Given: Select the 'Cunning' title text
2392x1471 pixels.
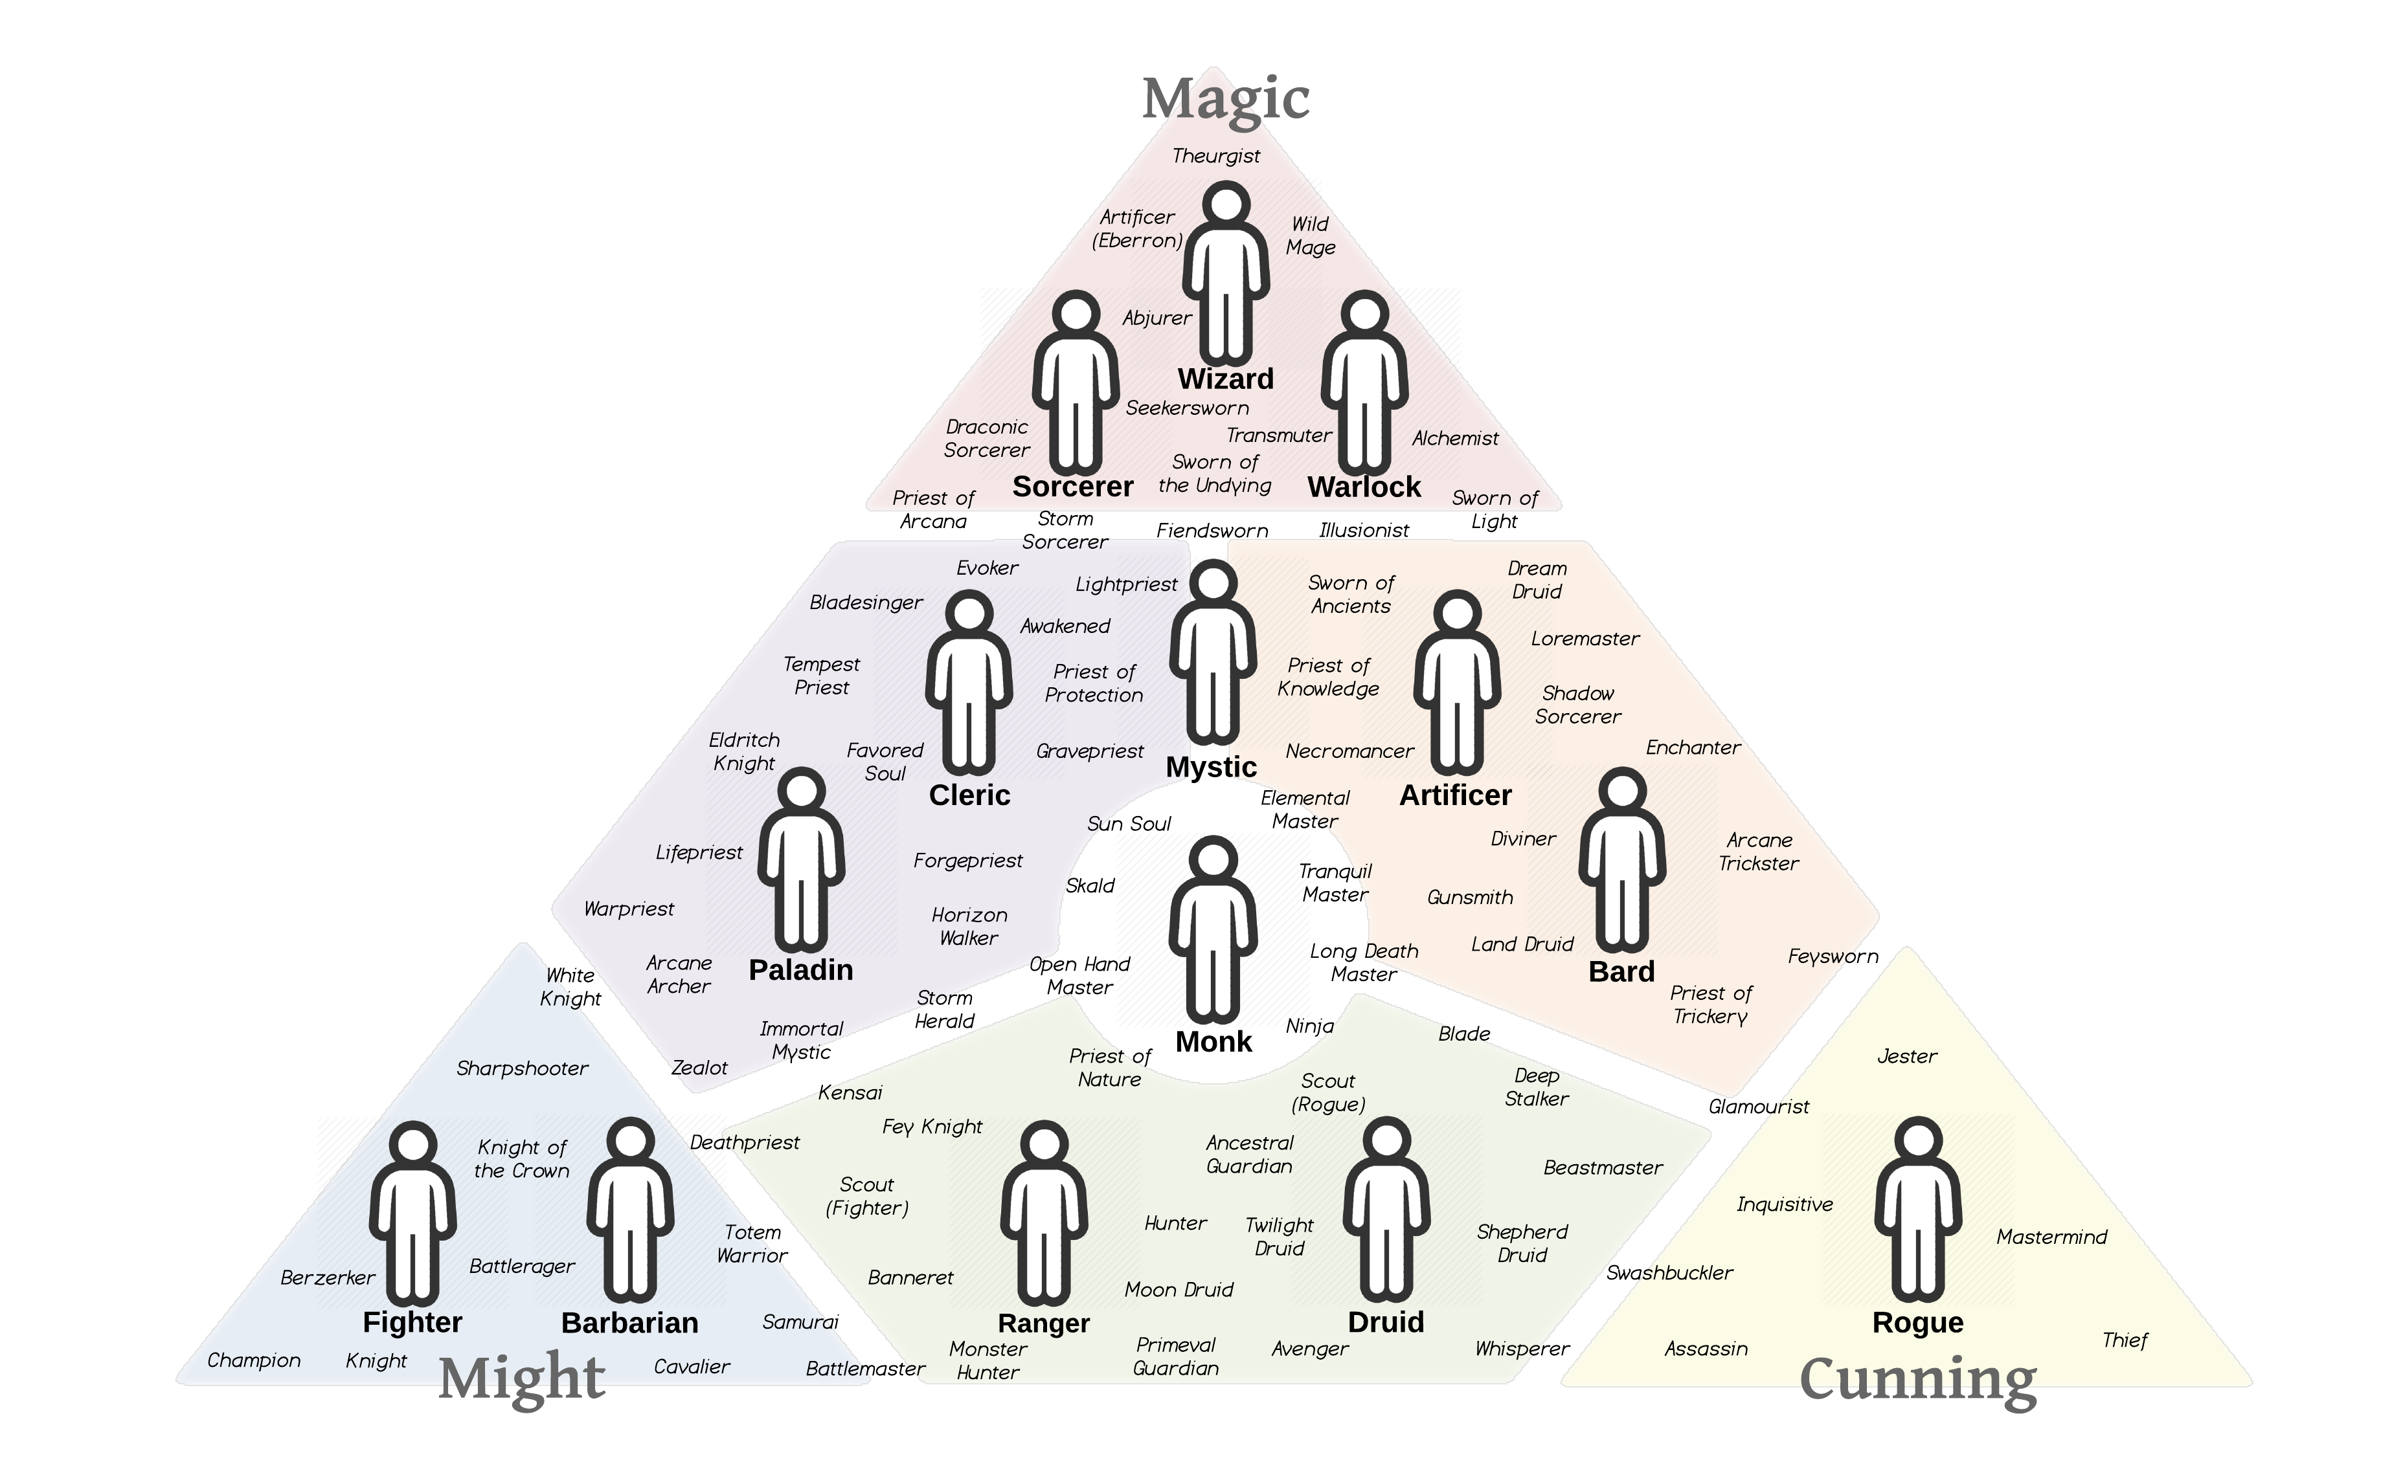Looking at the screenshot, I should coord(1917,1380).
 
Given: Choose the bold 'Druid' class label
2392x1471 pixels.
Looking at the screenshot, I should coord(1386,1322).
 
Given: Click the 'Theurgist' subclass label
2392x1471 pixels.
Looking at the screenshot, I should coord(1215,156).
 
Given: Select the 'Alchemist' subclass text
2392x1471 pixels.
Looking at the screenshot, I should coord(1455,439).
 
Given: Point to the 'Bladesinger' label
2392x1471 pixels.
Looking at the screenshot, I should coord(866,603).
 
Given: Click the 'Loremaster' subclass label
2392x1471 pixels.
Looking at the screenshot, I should coord(1585,639).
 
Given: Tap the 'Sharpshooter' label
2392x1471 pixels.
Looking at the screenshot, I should coord(522,1068).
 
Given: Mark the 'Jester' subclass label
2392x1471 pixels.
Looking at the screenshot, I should coord(1906,1057).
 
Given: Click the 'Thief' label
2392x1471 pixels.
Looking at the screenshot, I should coord(2125,1341).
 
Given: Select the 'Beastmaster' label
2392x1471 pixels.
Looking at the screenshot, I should coord(1603,1167).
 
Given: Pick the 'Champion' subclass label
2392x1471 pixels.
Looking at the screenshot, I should coord(253,1360).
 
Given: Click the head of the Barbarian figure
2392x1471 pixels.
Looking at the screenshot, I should coord(631,1139).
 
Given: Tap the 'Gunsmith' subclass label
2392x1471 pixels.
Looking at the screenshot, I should coord(1469,897).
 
